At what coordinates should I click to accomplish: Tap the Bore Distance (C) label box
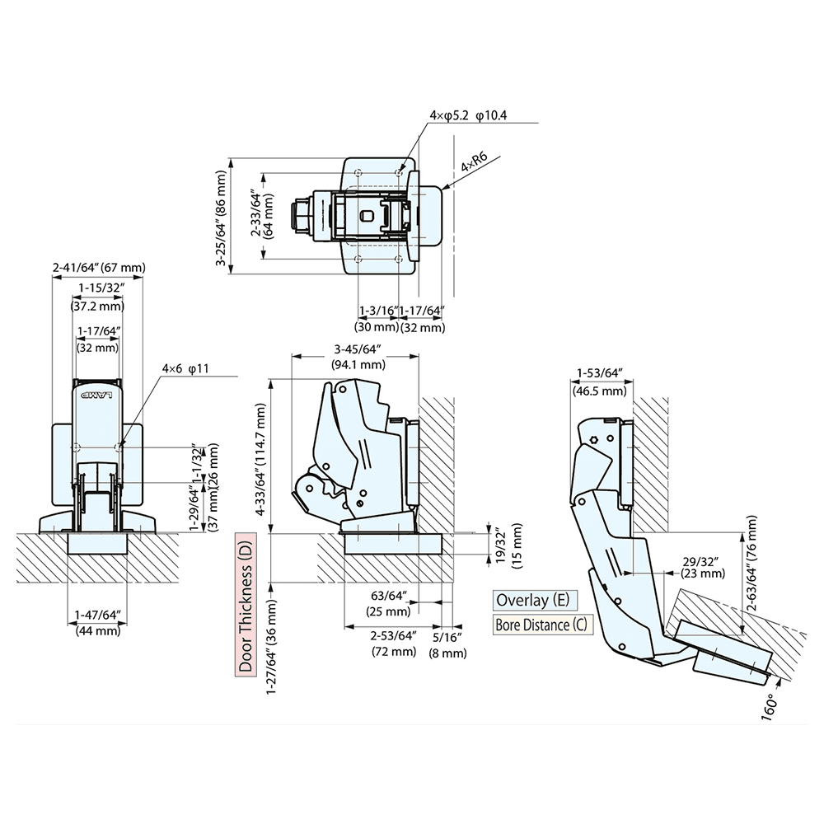point(541,624)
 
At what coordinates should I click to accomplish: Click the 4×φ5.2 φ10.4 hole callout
point(467,115)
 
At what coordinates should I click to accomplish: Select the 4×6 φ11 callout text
point(187,368)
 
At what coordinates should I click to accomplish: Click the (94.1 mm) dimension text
point(358,364)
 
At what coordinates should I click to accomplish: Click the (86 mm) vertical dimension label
point(221,194)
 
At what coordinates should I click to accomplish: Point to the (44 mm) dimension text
point(97,631)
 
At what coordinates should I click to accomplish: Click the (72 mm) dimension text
point(393,652)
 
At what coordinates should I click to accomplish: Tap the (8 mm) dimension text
point(449,653)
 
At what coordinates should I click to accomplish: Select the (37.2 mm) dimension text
point(96,306)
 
